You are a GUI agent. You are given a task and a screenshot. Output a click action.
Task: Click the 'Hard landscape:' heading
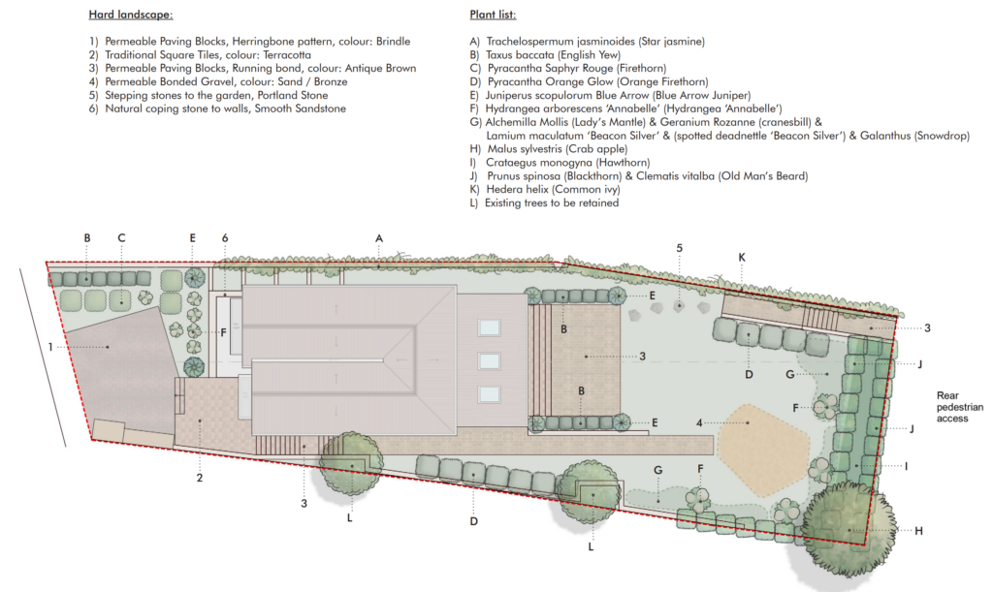pyautogui.click(x=131, y=15)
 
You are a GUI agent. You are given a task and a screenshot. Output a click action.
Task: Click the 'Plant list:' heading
pyautogui.click(x=493, y=15)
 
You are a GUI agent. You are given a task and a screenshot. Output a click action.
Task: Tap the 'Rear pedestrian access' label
pyautogui.click(x=960, y=407)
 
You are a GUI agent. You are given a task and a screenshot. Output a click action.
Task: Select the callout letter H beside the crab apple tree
pyautogui.click(x=919, y=531)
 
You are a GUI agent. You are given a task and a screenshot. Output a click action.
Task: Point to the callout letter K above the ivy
pyautogui.click(x=742, y=258)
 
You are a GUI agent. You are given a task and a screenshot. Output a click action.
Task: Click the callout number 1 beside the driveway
pyautogui.click(x=50, y=347)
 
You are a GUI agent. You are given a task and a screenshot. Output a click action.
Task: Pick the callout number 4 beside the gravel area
pyautogui.click(x=699, y=422)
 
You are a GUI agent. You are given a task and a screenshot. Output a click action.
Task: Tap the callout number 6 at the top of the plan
pyautogui.click(x=225, y=238)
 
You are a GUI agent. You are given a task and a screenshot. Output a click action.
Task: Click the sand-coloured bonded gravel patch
pyautogui.click(x=764, y=450)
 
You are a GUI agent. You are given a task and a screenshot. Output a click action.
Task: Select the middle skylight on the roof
pyautogui.click(x=489, y=361)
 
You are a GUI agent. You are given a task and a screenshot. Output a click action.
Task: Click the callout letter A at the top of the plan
pyautogui.click(x=379, y=238)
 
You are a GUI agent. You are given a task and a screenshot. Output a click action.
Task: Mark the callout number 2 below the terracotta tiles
pyautogui.click(x=200, y=478)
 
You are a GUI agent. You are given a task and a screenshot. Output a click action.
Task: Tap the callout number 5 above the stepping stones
pyautogui.click(x=680, y=248)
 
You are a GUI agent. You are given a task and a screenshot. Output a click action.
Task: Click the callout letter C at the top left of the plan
pyautogui.click(x=121, y=237)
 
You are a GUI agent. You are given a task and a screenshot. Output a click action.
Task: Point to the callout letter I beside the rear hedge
pyautogui.click(x=907, y=466)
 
